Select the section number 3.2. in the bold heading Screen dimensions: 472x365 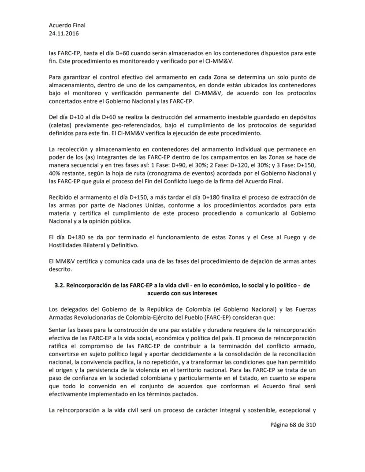(60, 285)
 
